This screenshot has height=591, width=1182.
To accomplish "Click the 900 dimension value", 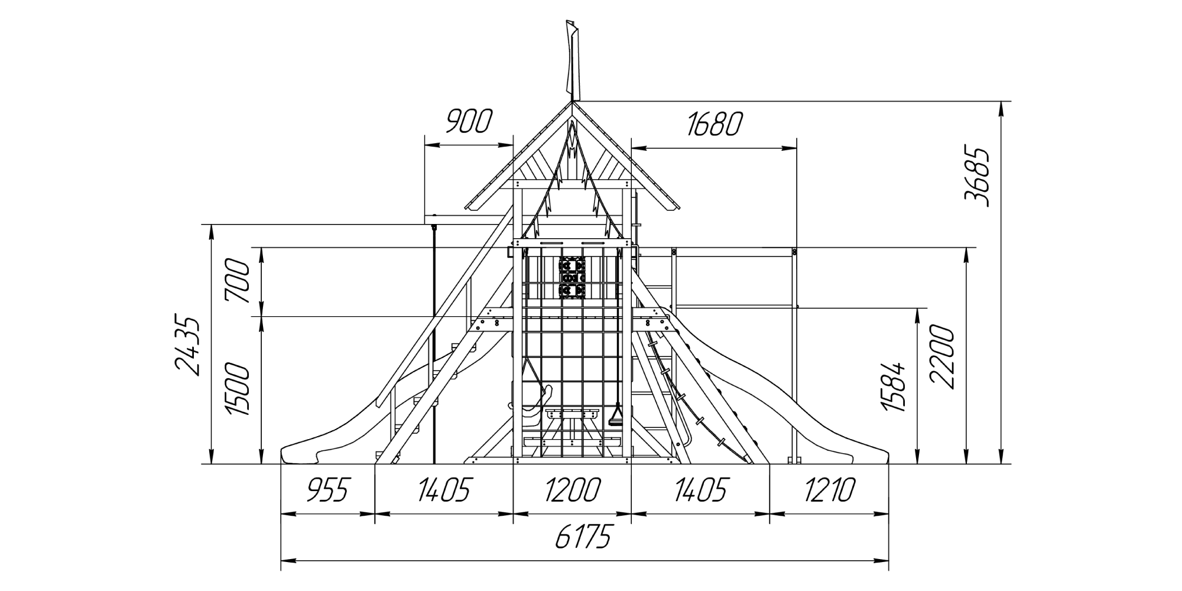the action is pyautogui.click(x=468, y=122).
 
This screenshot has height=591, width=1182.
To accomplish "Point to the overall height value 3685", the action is pyautogui.click(x=976, y=177).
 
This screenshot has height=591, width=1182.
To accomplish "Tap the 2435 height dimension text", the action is pyautogui.click(x=188, y=347).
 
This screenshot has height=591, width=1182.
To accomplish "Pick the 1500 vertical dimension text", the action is pyautogui.click(x=239, y=390).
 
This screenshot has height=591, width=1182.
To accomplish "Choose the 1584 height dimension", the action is pyautogui.click(x=893, y=387).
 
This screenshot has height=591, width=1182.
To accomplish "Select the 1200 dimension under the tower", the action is pyautogui.click(x=571, y=490).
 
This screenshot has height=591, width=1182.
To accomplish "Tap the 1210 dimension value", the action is pyautogui.click(x=829, y=490).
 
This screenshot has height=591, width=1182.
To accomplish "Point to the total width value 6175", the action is pyautogui.click(x=583, y=537).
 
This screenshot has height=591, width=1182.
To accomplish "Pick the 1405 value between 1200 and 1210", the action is pyautogui.click(x=700, y=490).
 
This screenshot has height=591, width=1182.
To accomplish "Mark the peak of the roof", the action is pyautogui.click(x=572, y=102).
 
